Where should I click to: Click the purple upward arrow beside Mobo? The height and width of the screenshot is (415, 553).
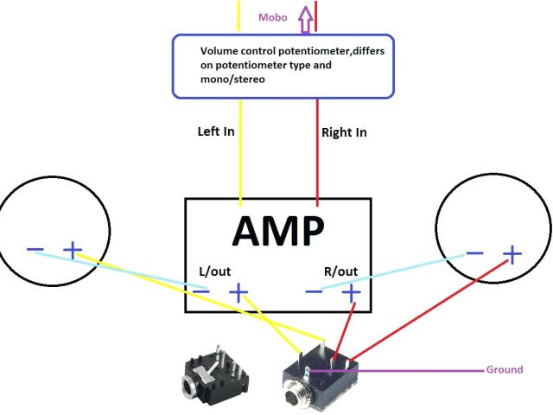click(x=304, y=16)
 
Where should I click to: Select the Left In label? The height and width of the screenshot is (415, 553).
click(x=215, y=132)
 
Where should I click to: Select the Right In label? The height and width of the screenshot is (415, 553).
click(x=344, y=132)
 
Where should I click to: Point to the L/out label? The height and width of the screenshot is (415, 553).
click(x=215, y=271)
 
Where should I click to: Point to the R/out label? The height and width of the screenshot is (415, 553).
click(x=340, y=271)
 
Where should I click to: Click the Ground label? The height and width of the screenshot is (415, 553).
click(x=505, y=370)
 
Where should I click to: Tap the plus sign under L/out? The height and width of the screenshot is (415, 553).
click(x=238, y=293)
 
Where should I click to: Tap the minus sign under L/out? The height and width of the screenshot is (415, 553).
click(x=200, y=292)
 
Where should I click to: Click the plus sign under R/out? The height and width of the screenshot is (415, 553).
click(x=352, y=293)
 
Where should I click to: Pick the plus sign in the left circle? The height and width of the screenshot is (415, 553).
click(x=73, y=252)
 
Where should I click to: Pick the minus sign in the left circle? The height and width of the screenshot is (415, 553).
click(x=35, y=251)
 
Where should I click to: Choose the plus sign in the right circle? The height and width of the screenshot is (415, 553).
click(x=513, y=254)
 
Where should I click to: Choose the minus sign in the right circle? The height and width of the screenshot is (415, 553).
click(x=474, y=253)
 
